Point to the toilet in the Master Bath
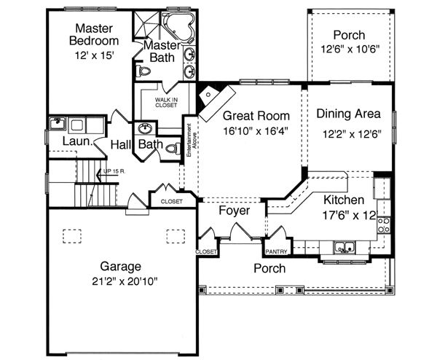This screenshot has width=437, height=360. (x=143, y=71)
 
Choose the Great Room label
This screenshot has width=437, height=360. (x=256, y=116)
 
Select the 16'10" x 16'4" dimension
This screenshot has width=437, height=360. (x=256, y=132)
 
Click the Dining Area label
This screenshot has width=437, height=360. (x=349, y=114)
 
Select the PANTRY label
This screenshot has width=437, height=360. (x=276, y=252)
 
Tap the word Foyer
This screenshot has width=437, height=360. (x=235, y=211)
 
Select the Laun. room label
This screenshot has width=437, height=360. (x=76, y=141)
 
